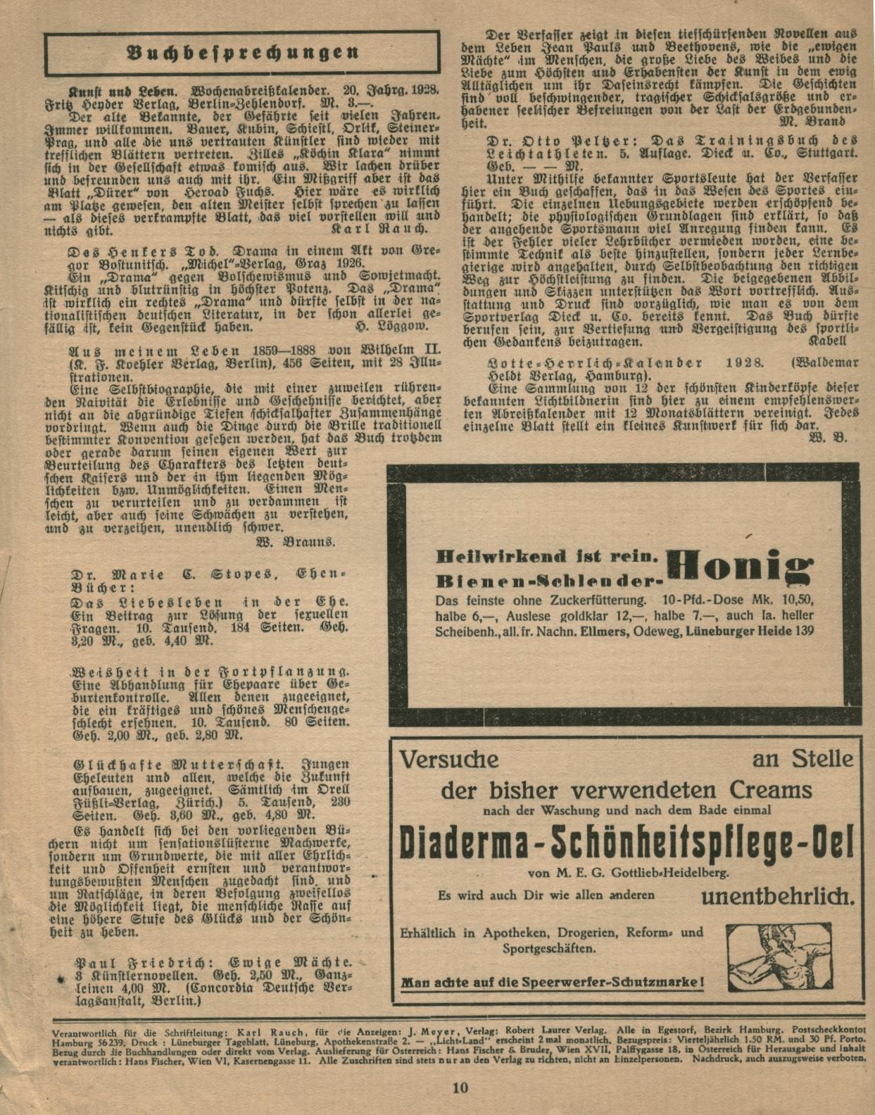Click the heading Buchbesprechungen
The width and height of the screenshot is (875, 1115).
coord(243,53)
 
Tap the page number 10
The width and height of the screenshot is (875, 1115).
coord(460,1088)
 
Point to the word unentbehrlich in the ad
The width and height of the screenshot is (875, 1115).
coord(778,897)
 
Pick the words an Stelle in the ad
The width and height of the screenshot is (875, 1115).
coord(802,760)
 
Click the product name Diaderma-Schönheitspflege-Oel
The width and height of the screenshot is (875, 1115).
coord(626,843)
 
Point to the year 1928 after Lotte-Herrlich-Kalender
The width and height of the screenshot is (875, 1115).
coord(745,363)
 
